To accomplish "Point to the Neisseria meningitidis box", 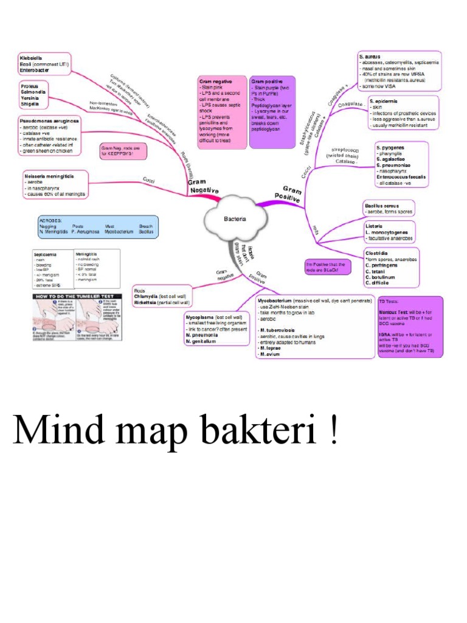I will [x=54, y=185].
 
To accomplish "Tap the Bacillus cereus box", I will [x=389, y=209].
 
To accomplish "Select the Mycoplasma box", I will [x=217, y=330].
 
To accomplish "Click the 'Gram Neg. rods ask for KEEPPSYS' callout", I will [x=124, y=151].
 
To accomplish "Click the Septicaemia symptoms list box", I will [x=52, y=268].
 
